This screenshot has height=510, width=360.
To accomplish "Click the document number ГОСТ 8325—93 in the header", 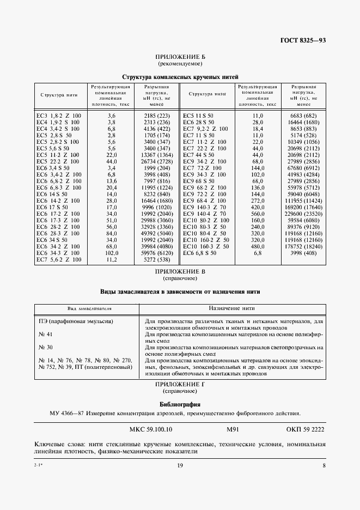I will coord(303,40).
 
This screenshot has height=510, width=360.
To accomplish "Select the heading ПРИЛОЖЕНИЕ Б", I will coord(180,57).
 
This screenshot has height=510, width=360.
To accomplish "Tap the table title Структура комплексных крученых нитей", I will coord(180,77).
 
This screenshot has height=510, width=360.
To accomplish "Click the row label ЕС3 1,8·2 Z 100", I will coord(58,116).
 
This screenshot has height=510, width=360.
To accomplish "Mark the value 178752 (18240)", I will coord(304,246).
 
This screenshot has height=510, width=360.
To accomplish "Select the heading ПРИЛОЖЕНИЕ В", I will coord(180,271).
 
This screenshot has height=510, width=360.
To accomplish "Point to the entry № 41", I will coord(46,333).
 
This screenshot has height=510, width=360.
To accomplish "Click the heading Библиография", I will coord(180,404).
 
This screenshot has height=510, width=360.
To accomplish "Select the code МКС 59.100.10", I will coord(151,429).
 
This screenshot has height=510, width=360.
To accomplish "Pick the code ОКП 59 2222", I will coord(305,429).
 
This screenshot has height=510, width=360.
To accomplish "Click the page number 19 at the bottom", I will coord(180,465).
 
